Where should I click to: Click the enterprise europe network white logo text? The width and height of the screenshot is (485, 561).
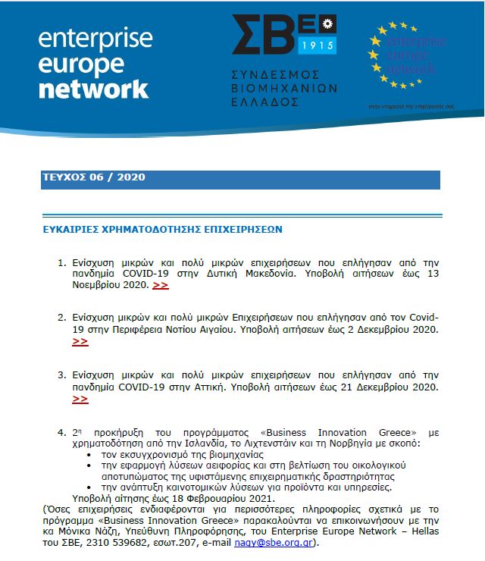(93, 64)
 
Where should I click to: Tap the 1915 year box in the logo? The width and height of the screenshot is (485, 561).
(318, 45)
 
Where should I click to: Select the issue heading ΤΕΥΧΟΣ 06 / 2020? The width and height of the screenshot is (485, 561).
(94, 178)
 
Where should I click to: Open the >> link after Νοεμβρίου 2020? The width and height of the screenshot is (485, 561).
(161, 285)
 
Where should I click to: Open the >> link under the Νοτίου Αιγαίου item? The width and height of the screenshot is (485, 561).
(80, 342)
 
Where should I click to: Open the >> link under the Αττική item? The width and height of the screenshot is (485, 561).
(80, 399)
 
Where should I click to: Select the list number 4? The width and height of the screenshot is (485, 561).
(61, 432)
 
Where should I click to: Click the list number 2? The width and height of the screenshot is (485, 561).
(61, 318)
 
